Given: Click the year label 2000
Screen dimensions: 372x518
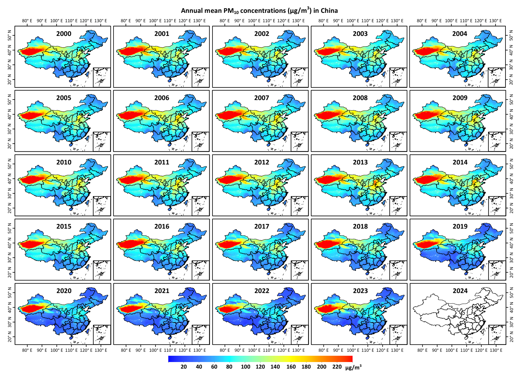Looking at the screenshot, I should pos(64,34).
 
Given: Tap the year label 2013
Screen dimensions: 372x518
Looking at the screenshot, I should pos(360,162).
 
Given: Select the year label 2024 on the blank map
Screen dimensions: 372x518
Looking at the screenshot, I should pos(460,291).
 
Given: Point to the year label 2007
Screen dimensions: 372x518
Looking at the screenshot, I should pos(262,98).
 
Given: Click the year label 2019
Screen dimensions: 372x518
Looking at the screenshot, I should pos(460,226).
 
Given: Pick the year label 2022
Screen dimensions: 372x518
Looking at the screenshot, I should pos(262,291).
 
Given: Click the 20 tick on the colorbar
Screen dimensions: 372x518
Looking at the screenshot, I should pos(184,367).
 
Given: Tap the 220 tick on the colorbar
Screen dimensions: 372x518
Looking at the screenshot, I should pos(337,367).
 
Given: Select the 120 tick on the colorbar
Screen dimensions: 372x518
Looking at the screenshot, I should pos(260,367).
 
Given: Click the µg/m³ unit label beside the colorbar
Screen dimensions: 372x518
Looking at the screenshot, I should pos(353,367).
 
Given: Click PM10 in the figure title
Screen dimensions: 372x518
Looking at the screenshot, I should pos(231,11).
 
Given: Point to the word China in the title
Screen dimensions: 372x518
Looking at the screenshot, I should pos(329,11).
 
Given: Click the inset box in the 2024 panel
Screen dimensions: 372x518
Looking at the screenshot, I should pos(497,334).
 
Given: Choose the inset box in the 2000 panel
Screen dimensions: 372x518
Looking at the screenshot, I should pos(102,77).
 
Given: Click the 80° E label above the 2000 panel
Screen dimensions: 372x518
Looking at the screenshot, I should pos(27,21).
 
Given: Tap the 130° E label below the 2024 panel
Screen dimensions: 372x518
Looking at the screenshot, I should pos(495,350).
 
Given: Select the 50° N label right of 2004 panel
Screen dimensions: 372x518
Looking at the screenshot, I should pos(511,37).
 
